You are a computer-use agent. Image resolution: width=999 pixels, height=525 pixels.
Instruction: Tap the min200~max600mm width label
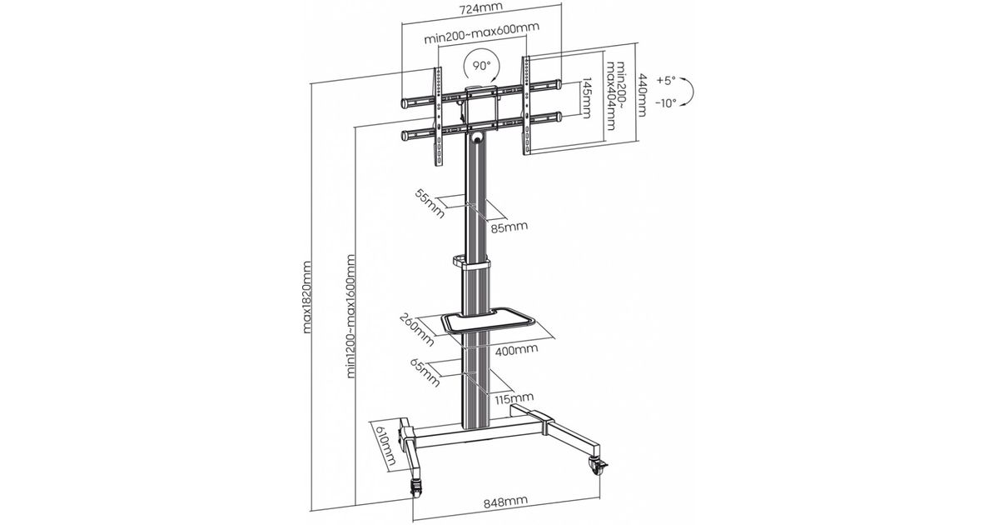(x=482, y=33)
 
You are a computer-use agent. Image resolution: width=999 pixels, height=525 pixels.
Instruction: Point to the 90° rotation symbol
(x=482, y=67)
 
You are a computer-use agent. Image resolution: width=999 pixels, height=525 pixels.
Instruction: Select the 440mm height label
(x=642, y=95)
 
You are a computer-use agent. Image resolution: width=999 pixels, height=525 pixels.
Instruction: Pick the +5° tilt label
(x=666, y=80)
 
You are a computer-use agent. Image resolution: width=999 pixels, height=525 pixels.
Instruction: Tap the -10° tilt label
(x=666, y=103)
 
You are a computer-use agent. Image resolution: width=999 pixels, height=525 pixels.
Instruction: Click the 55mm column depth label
(x=430, y=203)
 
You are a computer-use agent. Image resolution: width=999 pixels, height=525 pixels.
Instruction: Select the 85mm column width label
(x=509, y=227)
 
